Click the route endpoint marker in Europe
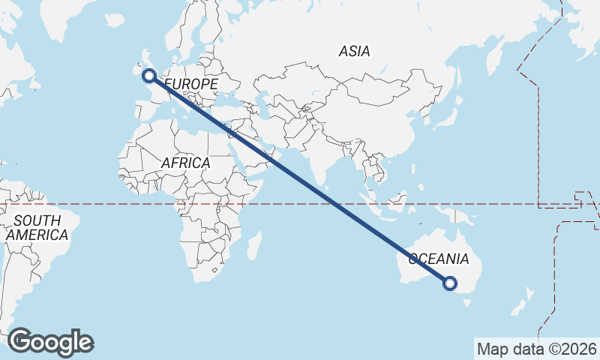148,75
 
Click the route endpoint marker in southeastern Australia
450,283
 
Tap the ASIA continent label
354,52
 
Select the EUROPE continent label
190,84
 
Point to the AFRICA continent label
185,163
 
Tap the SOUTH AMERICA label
37,228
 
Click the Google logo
50,341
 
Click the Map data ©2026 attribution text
537,349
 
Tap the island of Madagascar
255,245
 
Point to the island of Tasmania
468,304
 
